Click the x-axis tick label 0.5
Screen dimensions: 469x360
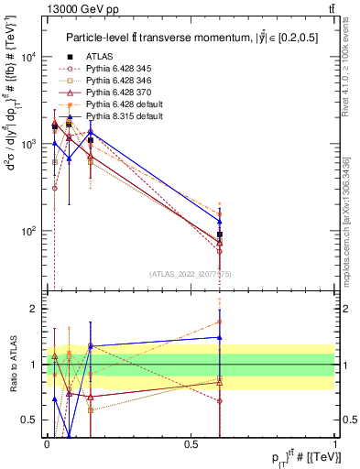pos(191,445)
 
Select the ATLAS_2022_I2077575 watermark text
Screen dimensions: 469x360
pos(191,273)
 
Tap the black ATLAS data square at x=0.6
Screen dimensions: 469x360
pos(220,234)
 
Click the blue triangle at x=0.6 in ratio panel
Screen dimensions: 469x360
pos(220,337)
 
